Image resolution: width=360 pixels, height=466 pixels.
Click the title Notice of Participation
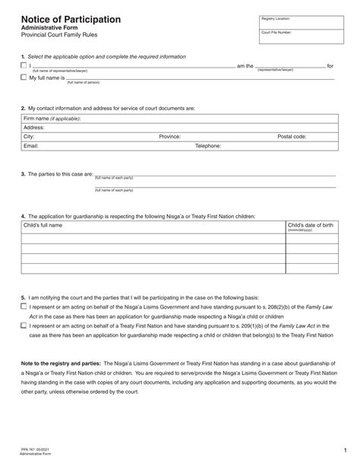coord(70,18)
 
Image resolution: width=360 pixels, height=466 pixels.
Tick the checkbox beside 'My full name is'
coord(24,77)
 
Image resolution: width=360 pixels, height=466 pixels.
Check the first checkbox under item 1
coord(24,66)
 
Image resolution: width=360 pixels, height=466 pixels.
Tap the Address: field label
coord(34,128)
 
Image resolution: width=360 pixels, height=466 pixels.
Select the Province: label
coord(169,137)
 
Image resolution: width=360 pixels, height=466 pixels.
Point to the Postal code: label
coord(292,137)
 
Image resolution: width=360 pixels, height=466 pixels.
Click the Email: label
coord(31,145)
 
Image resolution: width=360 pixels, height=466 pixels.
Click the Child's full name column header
coord(43,226)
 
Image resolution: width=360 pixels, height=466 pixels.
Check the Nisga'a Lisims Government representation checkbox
coord(24,304)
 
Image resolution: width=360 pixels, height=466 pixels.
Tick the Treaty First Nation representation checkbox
coord(24,325)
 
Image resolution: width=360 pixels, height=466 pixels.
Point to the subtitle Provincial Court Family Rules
coord(58,36)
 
